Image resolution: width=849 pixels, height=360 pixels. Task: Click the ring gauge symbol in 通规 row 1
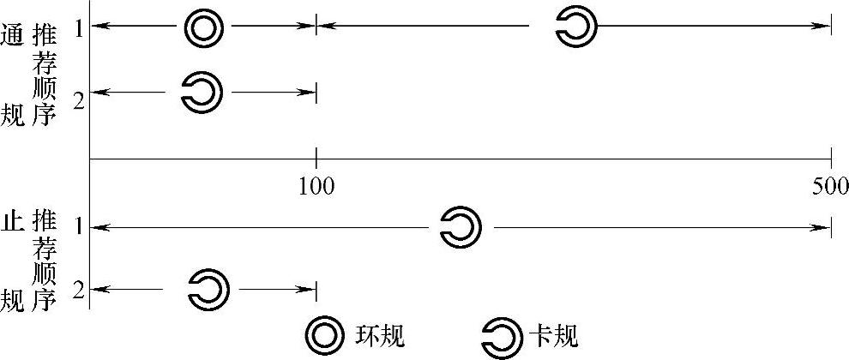coord(204,28)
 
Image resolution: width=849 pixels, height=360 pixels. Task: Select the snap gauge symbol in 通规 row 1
coord(575,27)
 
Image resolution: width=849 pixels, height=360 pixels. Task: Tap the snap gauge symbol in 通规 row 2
coord(202,92)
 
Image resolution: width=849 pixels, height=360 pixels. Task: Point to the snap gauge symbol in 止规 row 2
coord(208,290)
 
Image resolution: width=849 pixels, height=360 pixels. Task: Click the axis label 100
coord(316,184)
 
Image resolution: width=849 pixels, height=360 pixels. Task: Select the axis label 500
coord(830,184)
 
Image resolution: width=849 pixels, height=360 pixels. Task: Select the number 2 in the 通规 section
coord(79,99)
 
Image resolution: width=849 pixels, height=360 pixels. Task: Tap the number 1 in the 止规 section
coord(79,227)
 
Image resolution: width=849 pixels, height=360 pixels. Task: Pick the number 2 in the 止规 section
coord(79,291)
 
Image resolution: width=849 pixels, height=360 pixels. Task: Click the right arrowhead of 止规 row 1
coord(825,227)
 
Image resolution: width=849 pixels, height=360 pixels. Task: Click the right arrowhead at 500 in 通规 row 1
coord(825,26)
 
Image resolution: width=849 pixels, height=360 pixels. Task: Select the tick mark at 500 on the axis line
coord(831,159)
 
